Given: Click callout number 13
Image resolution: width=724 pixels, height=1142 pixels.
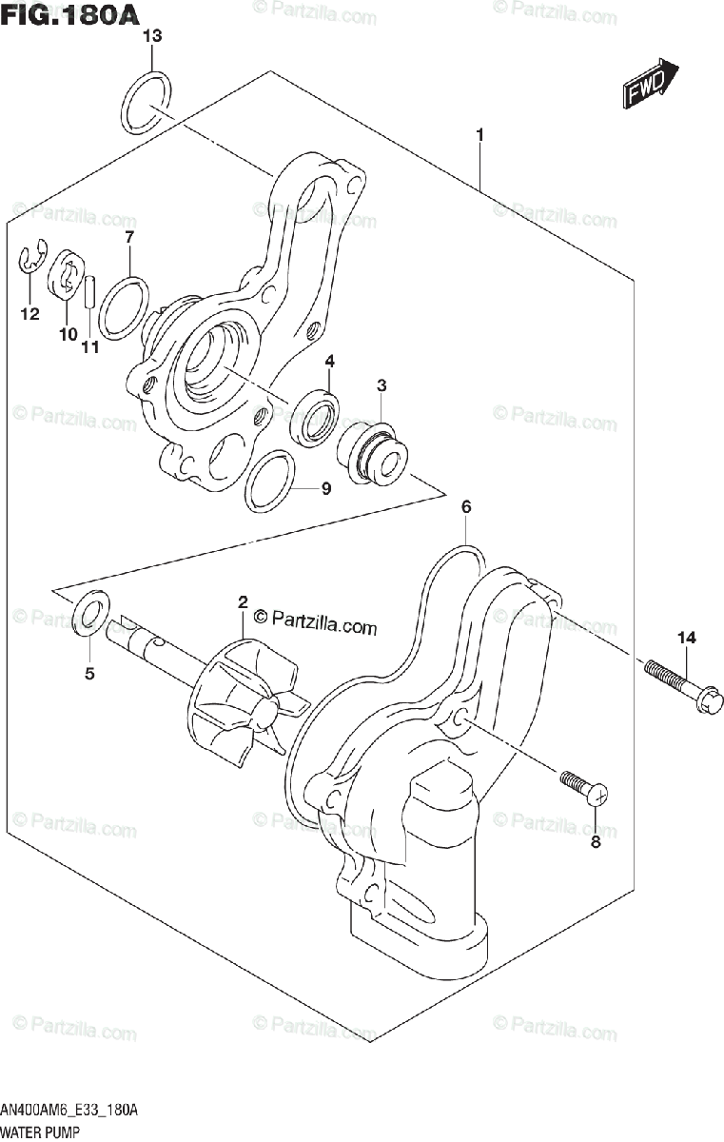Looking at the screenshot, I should (x=152, y=37).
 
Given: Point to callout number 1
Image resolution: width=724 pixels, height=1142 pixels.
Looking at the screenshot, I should (x=480, y=136).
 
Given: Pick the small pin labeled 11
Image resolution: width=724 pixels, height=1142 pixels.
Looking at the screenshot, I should (x=89, y=291).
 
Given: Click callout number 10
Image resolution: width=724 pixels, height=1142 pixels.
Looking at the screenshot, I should (x=67, y=334).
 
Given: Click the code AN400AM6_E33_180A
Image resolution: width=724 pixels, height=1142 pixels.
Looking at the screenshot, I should (x=70, y=1111).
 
